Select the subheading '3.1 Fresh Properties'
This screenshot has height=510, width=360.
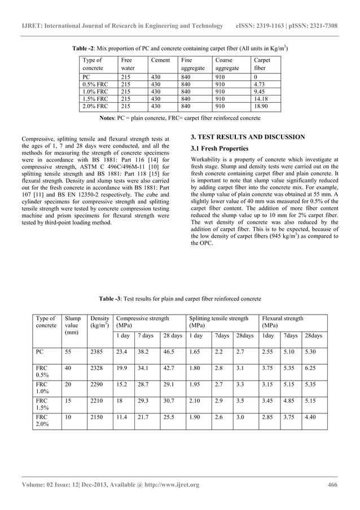click(219, 149)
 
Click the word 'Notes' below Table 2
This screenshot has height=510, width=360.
click(108, 119)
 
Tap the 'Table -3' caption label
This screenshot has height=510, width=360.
click(110, 298)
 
